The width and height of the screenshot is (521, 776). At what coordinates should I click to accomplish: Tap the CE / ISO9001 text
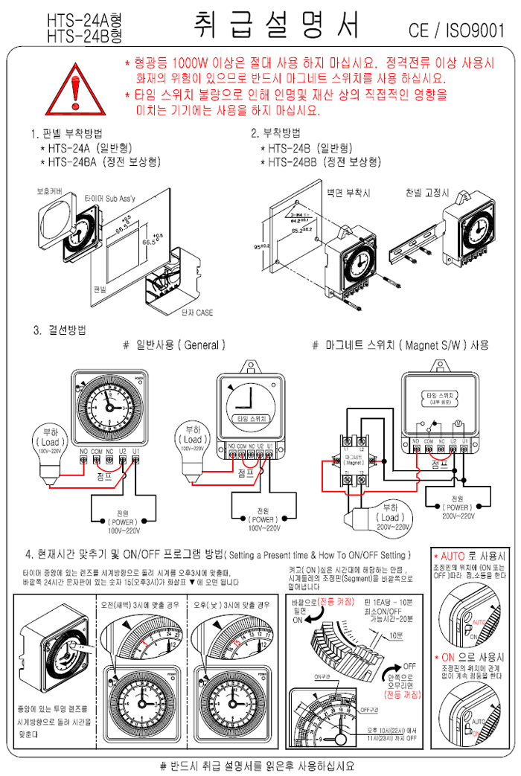pyautogui.click(x=457, y=31)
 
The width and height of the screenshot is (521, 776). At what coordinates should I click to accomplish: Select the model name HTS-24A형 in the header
pyautogui.click(x=84, y=20)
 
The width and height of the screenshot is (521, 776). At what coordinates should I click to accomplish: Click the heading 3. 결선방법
pyautogui.click(x=59, y=330)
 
